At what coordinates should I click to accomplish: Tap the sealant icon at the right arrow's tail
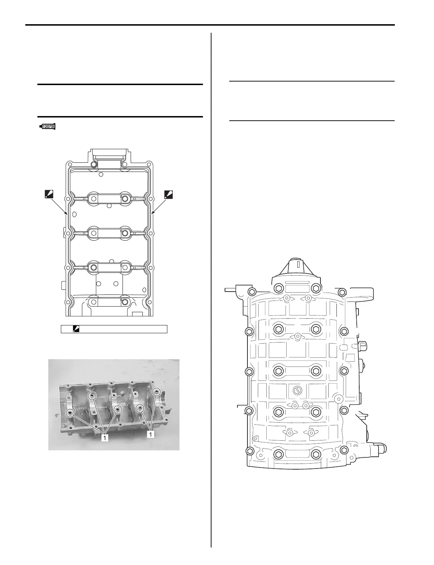coord(168,194)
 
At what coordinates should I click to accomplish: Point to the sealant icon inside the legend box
coord(75,329)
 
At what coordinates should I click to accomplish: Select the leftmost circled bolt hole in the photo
coord(70,413)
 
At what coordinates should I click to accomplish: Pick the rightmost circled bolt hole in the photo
coord(156,392)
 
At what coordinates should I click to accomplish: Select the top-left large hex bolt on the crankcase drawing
coord(278,288)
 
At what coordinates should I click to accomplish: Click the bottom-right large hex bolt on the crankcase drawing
coord(315,454)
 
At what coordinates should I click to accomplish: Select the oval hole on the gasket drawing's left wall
coord(74,214)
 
